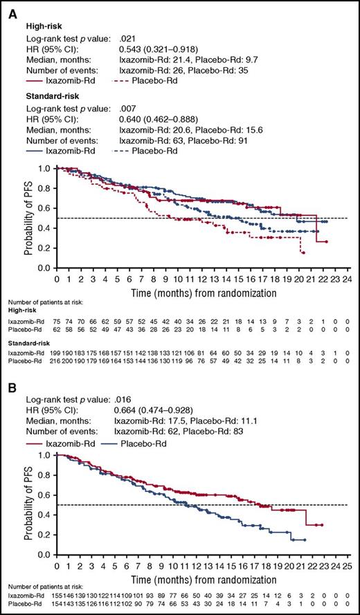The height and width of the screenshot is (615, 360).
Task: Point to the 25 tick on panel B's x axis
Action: coord(345,565)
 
